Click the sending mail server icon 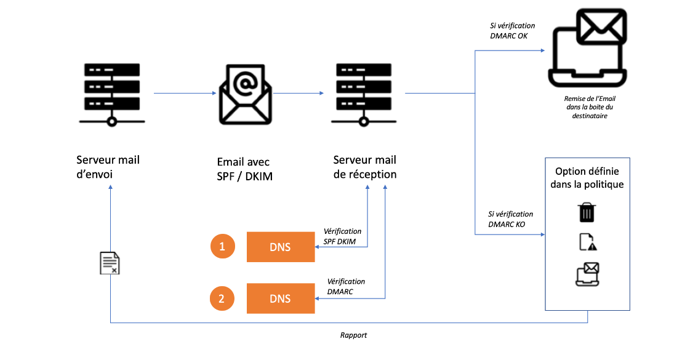[111, 93]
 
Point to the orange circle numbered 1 [222, 247]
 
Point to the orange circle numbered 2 [222, 298]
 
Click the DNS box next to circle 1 [280, 247]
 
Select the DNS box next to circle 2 [280, 298]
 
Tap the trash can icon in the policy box [587, 212]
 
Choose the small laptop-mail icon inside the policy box [587, 274]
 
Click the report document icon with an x [110, 263]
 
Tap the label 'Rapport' [353, 335]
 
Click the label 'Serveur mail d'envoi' [108, 167]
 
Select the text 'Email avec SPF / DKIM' [243, 169]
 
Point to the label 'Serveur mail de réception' [365, 167]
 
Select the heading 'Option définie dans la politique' [587, 177]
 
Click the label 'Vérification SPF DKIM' [342, 236]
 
